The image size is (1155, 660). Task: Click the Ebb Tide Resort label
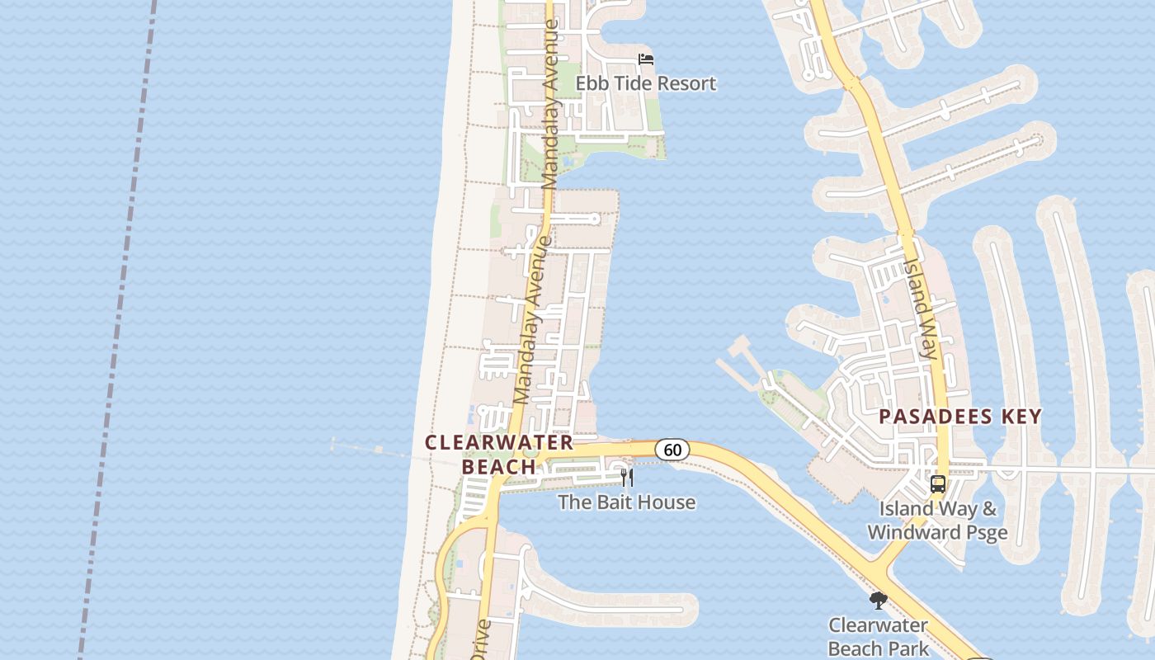point(645,83)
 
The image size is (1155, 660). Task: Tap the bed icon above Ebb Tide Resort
point(646,59)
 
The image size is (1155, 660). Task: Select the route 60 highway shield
point(672,450)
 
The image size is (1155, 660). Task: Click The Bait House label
point(626,502)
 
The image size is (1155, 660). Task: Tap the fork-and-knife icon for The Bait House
point(627,478)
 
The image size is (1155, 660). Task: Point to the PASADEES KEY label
point(960,417)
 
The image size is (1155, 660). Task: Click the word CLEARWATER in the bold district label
point(498,442)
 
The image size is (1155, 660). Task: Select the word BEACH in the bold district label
point(498,467)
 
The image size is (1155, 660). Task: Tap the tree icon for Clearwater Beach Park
point(878,600)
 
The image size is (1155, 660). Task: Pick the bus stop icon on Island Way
point(938,484)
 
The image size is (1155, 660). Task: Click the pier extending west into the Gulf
point(371,448)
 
